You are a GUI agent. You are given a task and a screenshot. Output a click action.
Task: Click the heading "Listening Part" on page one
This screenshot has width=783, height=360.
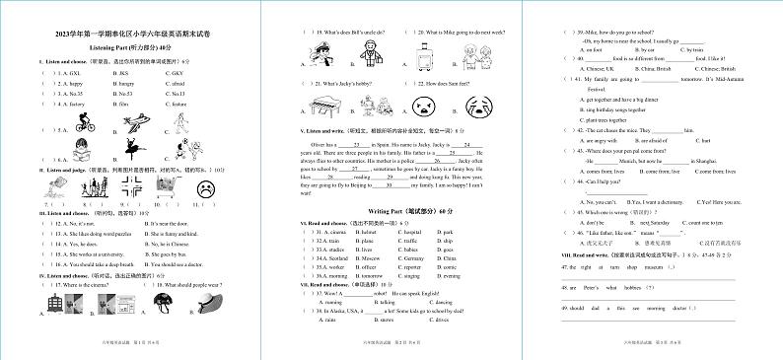pos(130,46)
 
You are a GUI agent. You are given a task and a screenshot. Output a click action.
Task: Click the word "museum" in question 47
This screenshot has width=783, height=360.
pos(654,266)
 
